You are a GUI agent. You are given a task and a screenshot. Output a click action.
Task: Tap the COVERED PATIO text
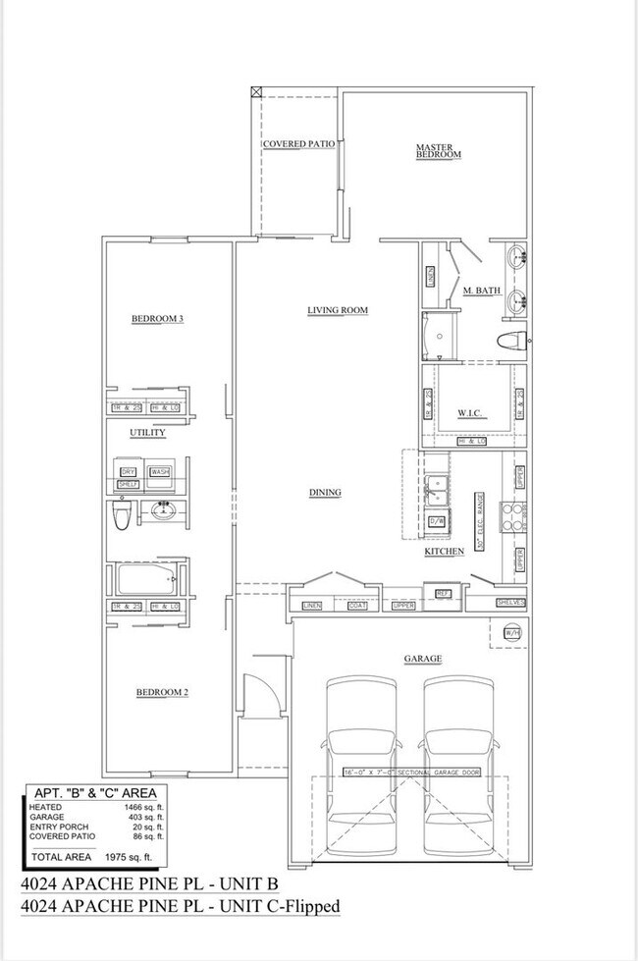pos(298,143)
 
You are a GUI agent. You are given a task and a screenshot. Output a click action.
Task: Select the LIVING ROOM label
pos(337,310)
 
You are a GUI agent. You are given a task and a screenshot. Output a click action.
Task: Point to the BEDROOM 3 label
pos(158,318)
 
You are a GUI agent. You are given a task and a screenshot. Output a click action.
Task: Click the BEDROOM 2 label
pos(161,692)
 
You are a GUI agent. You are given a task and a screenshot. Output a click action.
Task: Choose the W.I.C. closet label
pos(468,413)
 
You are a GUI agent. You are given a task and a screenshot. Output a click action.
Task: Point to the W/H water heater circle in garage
pos(511,633)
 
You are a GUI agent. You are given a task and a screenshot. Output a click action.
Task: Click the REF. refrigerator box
pos(443,593)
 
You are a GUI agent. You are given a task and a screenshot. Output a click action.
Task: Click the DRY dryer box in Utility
pos(128,472)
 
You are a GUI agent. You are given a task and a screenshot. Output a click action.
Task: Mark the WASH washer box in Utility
pos(160,472)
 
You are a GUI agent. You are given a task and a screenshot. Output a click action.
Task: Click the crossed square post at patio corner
pos(257,92)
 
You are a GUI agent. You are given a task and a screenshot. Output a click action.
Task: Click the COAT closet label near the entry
pos(357,606)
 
